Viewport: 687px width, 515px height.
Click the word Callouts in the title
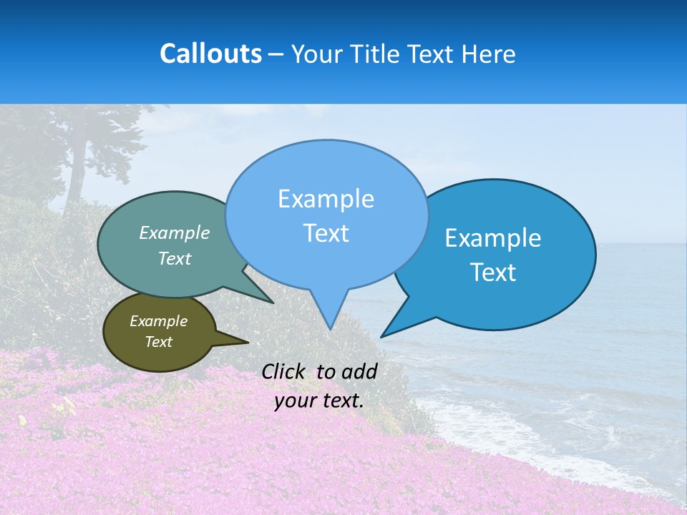(x=210, y=54)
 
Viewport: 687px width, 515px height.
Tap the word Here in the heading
(x=487, y=54)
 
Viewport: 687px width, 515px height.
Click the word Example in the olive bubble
(x=158, y=321)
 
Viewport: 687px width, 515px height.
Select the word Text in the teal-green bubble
(x=175, y=258)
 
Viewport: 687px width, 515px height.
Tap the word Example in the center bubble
(x=326, y=199)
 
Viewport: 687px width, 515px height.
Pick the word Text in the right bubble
(x=494, y=273)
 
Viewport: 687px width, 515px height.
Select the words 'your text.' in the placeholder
(x=319, y=401)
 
